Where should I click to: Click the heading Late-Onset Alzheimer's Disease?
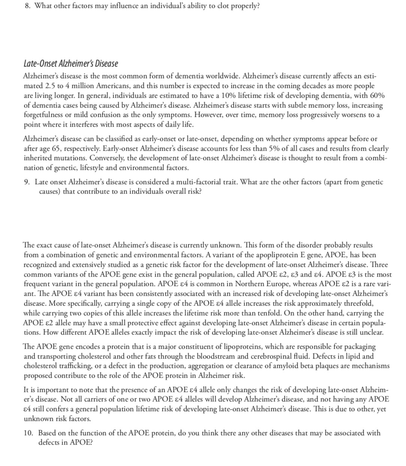click(71, 64)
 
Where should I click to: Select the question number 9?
click(26, 182)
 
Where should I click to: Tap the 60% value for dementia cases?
click(377, 95)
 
